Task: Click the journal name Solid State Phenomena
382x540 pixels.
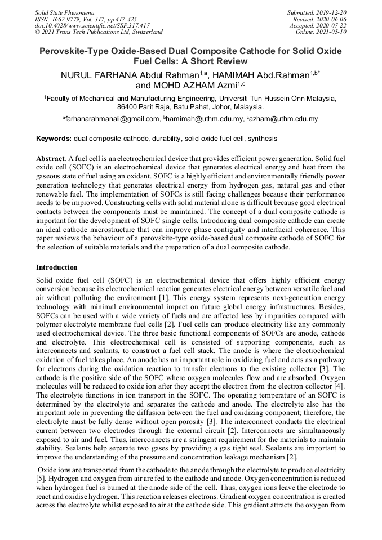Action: click(x=64, y=12)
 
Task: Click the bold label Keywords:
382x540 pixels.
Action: click(x=54, y=138)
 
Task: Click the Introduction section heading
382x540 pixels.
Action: click(x=57, y=267)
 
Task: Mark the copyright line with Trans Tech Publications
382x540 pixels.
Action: click(x=99, y=32)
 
